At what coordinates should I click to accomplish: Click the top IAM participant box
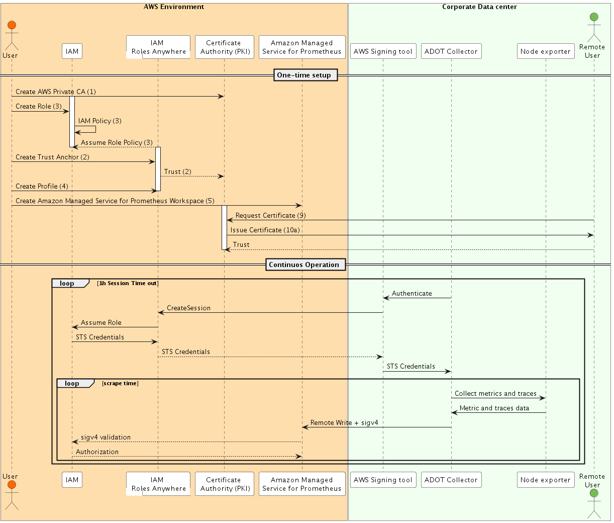click(72, 51)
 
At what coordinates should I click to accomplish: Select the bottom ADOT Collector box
click(451, 480)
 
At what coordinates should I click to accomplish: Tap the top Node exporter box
click(545, 51)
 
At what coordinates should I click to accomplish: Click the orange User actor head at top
click(12, 25)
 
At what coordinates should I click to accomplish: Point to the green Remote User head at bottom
click(594, 493)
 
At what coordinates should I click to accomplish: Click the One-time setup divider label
click(304, 75)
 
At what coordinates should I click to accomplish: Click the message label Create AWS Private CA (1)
click(55, 92)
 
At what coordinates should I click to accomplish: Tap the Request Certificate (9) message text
click(270, 215)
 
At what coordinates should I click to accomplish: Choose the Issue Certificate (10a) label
click(265, 230)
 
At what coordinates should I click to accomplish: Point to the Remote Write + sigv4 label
click(344, 422)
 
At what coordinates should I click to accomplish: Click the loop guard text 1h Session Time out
click(128, 283)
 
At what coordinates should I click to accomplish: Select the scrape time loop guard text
click(120, 383)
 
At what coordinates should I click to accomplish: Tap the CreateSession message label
click(188, 308)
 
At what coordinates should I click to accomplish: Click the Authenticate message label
click(412, 293)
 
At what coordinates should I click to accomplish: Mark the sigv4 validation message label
click(106, 437)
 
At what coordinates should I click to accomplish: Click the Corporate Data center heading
click(479, 7)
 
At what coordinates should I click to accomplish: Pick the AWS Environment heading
click(174, 7)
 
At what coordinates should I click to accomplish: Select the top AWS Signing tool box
click(383, 51)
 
